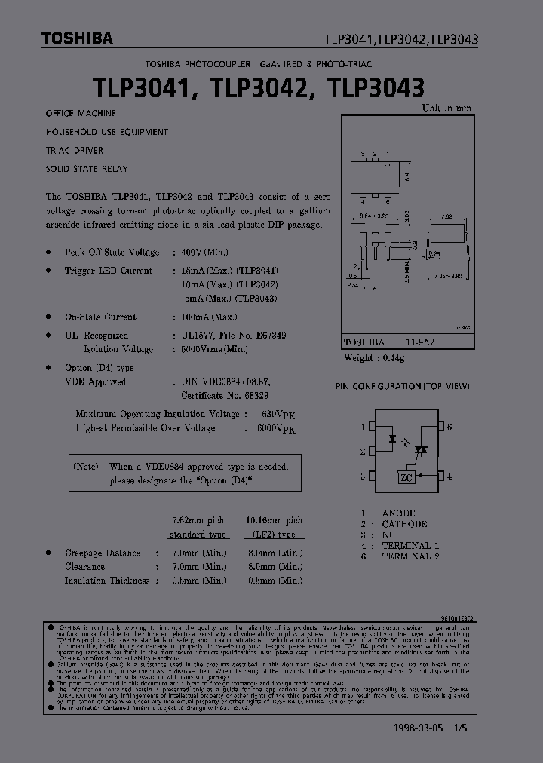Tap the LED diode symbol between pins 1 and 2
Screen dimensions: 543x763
pos(392,437)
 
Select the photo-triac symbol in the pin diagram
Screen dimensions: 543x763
pos(422,449)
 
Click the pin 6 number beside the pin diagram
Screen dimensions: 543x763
pos(449,427)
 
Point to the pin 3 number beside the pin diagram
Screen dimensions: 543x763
pos(362,476)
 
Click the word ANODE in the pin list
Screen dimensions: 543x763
pos(399,513)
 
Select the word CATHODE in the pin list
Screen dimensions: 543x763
pos(404,524)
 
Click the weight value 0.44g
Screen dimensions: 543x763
pos(392,358)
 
